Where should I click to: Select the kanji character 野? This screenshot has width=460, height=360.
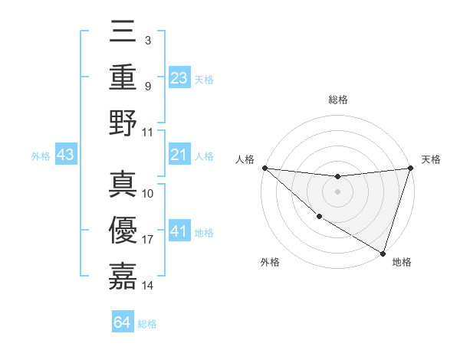tap(123, 122)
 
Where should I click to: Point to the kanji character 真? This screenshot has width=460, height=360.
tap(123, 184)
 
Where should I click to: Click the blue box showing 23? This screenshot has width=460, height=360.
tap(179, 77)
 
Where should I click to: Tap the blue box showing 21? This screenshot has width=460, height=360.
tap(179, 155)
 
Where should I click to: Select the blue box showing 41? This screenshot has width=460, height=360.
tap(179, 231)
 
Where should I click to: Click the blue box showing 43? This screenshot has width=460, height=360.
tap(66, 155)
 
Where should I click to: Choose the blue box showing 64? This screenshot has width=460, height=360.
tap(123, 322)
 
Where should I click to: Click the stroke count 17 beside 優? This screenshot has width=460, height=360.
tap(148, 240)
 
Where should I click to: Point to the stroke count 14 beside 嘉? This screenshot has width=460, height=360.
tap(148, 286)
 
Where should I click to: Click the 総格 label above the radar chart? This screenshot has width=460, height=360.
tap(338, 100)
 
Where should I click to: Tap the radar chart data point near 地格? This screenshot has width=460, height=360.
tap(383, 253)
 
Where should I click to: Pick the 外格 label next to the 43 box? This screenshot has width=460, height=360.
tap(41, 156)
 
